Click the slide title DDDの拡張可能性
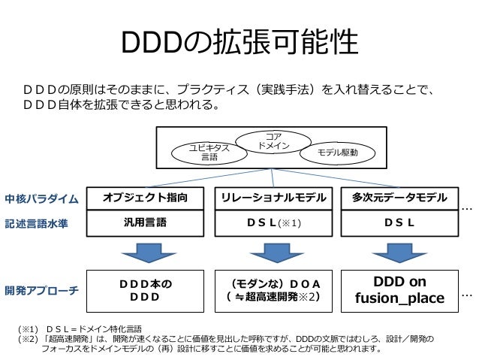pos(239,44)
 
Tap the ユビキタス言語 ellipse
pos(209,153)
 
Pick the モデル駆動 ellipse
pos(333,153)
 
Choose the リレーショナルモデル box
pos(273,198)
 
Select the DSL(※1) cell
pos(273,222)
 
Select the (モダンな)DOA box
pos(273,290)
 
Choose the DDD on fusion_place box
pos(399,290)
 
